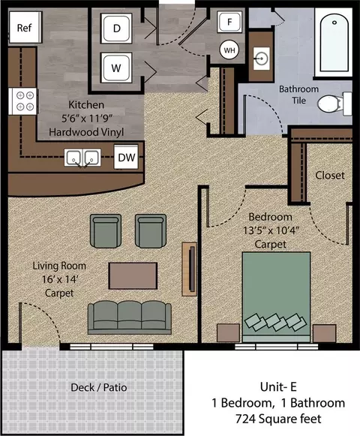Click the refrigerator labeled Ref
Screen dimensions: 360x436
pyautogui.click(x=25, y=27)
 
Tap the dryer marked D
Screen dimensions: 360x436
pyautogui.click(x=116, y=28)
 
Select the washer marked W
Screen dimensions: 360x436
pyautogui.click(x=116, y=68)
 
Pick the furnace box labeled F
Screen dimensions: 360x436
pyautogui.click(x=229, y=22)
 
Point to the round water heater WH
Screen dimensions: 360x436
pyautogui.click(x=229, y=50)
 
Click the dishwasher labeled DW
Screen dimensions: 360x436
pyautogui.click(x=126, y=157)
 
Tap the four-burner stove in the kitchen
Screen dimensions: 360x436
pyautogui.click(x=22, y=101)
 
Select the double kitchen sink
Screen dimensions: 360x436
pyautogui.click(x=82, y=158)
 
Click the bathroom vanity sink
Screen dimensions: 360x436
pyautogui.click(x=261, y=59)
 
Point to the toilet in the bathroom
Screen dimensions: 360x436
pyautogui.click(x=334, y=104)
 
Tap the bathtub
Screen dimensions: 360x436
pyautogui.click(x=334, y=43)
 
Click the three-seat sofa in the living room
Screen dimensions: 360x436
pyautogui.click(x=129, y=317)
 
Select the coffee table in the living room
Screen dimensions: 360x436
pyautogui.click(x=133, y=276)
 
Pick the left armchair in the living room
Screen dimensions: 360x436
pyautogui.click(x=106, y=231)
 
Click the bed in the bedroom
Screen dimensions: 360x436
pyautogui.click(x=276, y=297)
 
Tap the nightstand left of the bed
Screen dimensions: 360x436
pyautogui.click(x=228, y=333)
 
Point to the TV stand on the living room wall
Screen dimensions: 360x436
pyautogui.click(x=190, y=269)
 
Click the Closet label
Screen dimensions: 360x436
pyautogui.click(x=330, y=176)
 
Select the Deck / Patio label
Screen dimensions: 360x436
pyautogui.click(x=99, y=387)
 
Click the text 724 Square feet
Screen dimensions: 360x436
pyautogui.click(x=278, y=419)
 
